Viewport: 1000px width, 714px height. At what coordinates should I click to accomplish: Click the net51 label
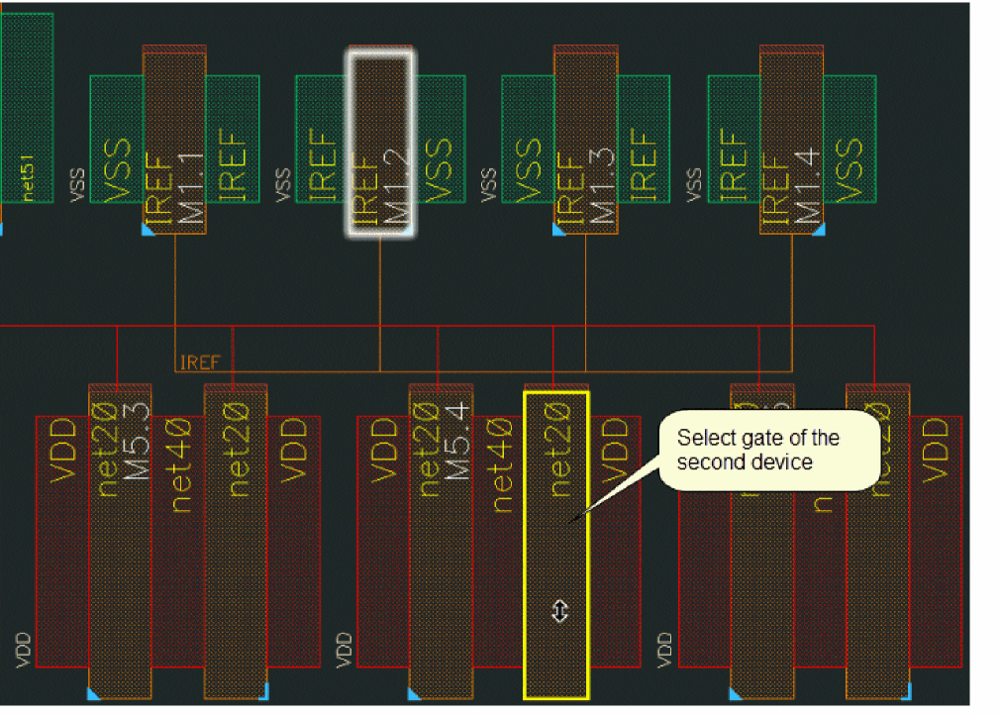point(30,178)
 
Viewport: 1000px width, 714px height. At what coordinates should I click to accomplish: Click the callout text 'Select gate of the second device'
point(758,450)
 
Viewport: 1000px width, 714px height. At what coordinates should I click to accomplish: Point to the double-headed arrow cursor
point(559,612)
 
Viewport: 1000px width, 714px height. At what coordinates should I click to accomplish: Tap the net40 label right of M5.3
point(181,464)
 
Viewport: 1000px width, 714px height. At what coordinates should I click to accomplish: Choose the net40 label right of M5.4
point(502,464)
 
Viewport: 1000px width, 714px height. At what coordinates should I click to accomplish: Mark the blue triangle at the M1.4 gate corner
point(818,230)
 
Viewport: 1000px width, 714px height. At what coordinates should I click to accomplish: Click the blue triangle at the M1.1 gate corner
point(149,230)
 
